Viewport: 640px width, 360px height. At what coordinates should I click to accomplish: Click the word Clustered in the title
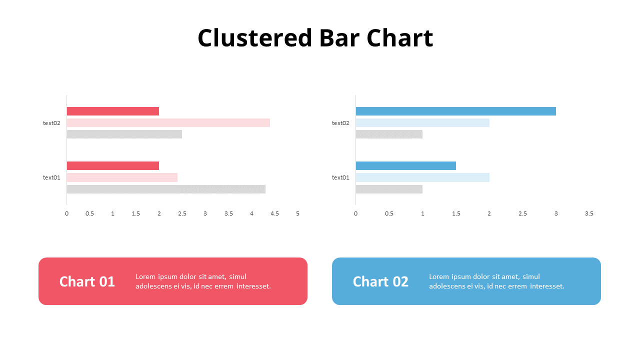click(254, 38)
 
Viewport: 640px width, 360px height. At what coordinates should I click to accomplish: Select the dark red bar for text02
click(112, 111)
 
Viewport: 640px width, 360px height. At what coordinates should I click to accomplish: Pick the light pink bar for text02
click(168, 122)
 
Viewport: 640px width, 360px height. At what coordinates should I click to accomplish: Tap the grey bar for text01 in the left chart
click(166, 189)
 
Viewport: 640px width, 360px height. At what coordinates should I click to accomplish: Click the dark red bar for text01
click(112, 165)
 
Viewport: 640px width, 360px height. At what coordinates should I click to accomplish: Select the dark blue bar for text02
click(455, 111)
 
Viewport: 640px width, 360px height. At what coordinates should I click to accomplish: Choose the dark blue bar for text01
click(405, 165)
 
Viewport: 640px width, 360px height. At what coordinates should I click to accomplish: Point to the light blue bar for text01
click(422, 177)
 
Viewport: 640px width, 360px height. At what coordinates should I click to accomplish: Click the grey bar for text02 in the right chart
click(389, 134)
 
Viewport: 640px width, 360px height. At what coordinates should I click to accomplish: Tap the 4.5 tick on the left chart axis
click(274, 213)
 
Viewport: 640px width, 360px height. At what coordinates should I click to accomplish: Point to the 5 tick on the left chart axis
click(297, 213)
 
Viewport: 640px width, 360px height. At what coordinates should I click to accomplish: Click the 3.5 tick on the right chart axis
click(589, 213)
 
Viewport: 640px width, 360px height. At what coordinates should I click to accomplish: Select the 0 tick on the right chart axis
click(355, 213)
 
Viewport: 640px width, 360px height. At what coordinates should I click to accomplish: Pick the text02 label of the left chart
click(51, 123)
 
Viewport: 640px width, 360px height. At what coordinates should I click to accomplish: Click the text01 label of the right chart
click(340, 177)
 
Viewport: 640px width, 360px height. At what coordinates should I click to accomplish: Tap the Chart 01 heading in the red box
click(87, 281)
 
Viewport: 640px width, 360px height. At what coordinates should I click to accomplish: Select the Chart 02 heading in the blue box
click(380, 281)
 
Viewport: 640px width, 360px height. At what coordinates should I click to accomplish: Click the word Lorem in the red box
click(145, 276)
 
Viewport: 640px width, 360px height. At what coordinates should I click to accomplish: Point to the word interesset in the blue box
click(547, 286)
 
